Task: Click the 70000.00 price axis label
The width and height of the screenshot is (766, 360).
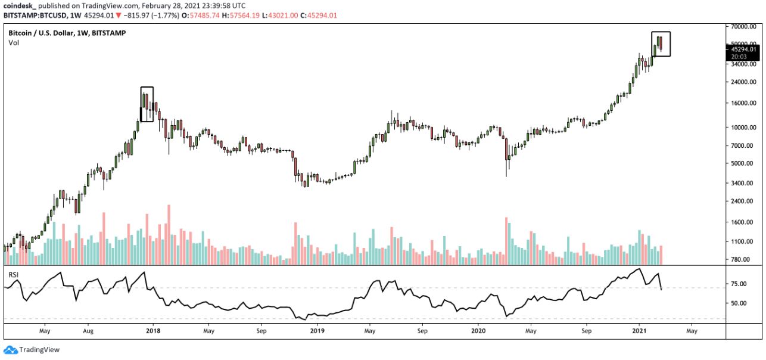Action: coord(743,27)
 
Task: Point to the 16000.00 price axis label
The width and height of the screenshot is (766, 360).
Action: coord(743,103)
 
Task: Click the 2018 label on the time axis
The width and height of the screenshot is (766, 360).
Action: coord(153,329)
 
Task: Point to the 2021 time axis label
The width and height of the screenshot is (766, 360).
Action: coord(639,329)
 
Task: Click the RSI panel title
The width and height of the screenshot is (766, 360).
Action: coord(14,275)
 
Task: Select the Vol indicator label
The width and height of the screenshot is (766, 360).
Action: coord(14,43)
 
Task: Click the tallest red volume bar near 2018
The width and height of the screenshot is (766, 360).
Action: coord(169,235)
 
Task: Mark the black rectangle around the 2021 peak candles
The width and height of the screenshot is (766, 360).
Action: coord(661,44)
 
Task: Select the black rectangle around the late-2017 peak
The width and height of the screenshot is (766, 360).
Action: coord(147,104)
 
